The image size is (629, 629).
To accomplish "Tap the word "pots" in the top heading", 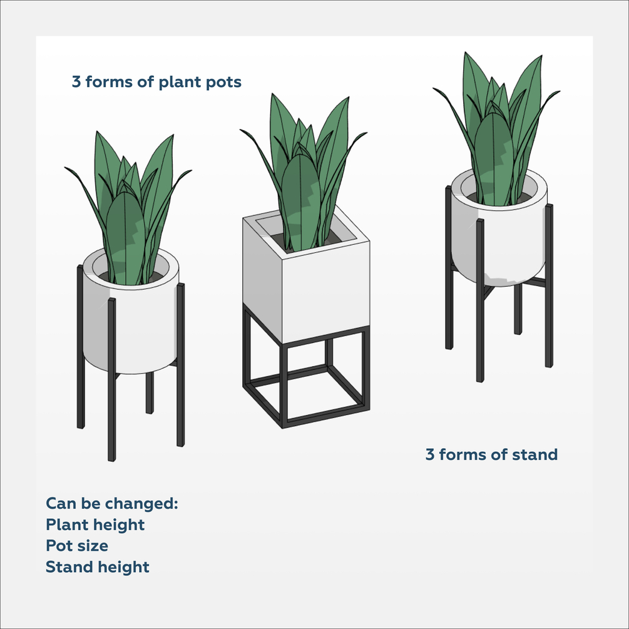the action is [224, 83].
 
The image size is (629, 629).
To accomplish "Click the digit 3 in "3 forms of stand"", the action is [429, 455].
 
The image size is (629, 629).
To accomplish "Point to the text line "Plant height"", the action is [95, 525].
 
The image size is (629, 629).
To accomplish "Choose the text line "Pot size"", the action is [77, 546].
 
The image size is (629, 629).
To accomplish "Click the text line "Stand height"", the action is [98, 568].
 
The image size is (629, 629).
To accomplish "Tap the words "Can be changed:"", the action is [112, 503].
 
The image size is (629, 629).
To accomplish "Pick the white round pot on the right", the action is [499, 233].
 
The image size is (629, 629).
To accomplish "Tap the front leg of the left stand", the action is [112, 379].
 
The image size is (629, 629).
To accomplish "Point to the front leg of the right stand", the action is [480, 300].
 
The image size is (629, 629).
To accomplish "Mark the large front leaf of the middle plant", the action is [302, 203].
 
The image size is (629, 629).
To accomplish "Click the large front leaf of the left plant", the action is [126, 238].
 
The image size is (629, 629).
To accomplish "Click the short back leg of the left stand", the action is [149, 392].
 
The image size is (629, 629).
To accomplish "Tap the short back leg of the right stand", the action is [518, 309].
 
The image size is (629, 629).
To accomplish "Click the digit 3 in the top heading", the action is [76, 82].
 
